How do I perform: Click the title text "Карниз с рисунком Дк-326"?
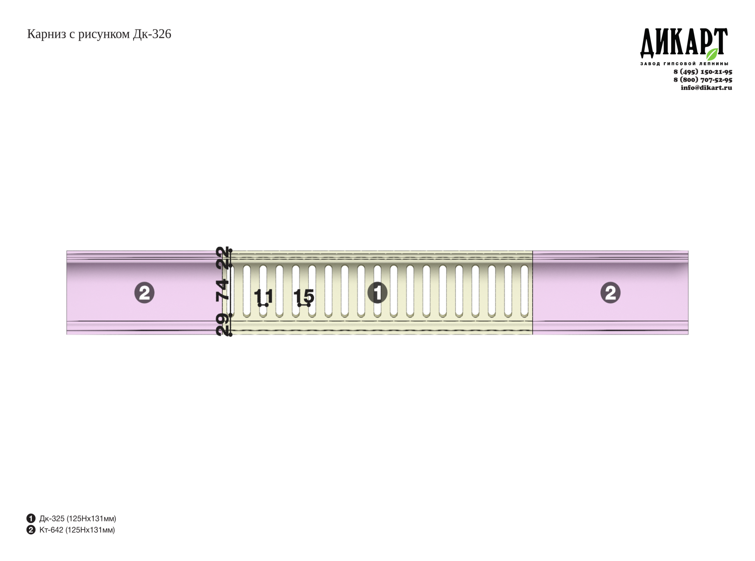[x=99, y=34]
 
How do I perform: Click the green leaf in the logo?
[x=712, y=54]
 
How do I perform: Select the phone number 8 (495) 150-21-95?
[x=703, y=72]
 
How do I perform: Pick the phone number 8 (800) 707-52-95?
[x=703, y=80]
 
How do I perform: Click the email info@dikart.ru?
[x=706, y=88]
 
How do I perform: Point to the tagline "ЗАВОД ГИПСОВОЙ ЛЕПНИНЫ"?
[x=684, y=64]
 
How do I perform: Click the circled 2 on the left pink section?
[x=144, y=293]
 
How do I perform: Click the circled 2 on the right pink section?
[x=610, y=293]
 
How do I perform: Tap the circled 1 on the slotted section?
[x=377, y=293]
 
